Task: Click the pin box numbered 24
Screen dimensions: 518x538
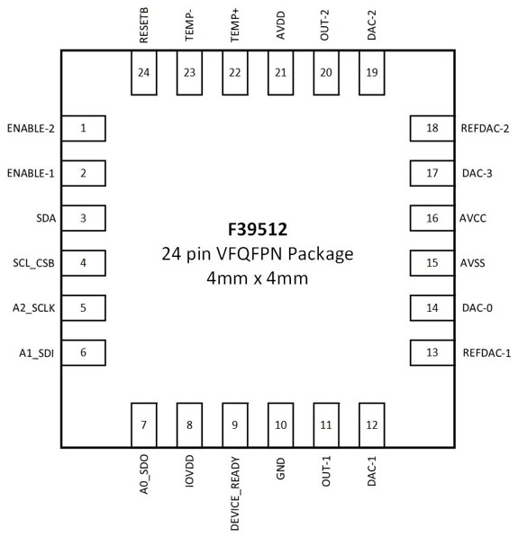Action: pos(144,73)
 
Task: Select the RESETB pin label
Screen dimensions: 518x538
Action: pos(144,25)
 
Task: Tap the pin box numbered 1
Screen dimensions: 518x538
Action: pos(84,128)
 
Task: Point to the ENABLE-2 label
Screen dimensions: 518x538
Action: pos(31,128)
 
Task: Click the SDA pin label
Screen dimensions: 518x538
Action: pos(46,218)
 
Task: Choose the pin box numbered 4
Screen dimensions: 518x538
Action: pos(84,263)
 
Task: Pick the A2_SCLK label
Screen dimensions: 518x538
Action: pos(33,308)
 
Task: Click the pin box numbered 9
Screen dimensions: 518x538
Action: pos(235,425)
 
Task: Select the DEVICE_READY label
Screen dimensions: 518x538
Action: pos(235,494)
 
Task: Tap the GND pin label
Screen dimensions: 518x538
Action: pos(280,469)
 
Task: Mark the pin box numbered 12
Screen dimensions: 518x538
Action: pos(372,425)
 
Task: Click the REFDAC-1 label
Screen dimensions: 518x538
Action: pos(486,352)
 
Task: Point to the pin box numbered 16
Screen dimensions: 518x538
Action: pos(432,218)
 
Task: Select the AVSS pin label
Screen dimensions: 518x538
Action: pos(473,263)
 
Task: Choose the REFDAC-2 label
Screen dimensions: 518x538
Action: pos(485,128)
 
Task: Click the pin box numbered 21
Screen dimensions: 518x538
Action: pos(280,73)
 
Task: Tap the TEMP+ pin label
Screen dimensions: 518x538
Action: pos(235,25)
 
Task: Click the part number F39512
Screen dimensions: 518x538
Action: pos(258,230)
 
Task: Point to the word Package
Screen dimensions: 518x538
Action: pos(321,255)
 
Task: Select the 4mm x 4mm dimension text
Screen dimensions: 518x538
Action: pos(258,278)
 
